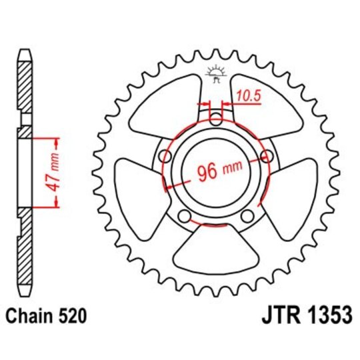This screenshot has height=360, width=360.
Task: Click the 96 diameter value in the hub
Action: pyautogui.click(x=208, y=171)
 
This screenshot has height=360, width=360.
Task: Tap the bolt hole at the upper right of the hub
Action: pyautogui.click(x=267, y=157)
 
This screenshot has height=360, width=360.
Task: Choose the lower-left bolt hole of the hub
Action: pyautogui.click(x=185, y=216)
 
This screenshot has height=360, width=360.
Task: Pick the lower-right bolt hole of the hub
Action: pyautogui.click(x=247, y=216)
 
